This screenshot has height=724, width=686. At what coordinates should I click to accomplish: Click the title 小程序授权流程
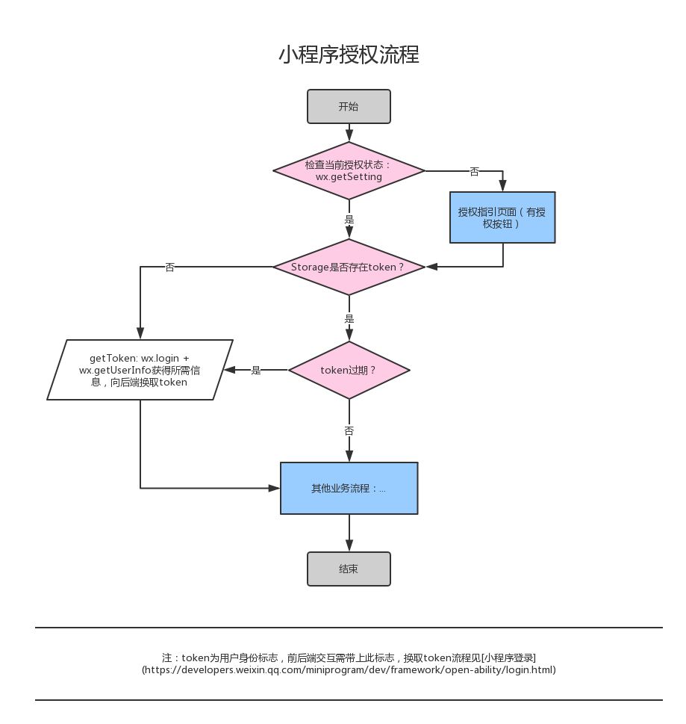[x=349, y=55]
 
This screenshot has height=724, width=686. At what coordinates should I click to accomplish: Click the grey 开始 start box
[x=349, y=107]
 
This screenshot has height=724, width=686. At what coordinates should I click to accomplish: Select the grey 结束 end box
[x=349, y=569]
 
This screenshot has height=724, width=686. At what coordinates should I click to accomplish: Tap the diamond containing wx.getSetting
[x=349, y=171]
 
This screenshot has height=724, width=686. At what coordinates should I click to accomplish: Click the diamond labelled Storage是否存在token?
[x=349, y=267]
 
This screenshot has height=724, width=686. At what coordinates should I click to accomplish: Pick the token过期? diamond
[x=349, y=370]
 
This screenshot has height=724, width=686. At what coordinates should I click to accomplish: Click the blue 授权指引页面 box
[x=502, y=217]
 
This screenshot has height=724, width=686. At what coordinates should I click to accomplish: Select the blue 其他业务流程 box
[x=349, y=488]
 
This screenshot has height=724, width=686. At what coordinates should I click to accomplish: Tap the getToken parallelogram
[x=140, y=370]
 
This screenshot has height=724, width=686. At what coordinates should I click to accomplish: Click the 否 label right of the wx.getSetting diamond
[x=474, y=172]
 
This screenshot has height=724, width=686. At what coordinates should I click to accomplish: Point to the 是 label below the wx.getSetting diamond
[x=349, y=220]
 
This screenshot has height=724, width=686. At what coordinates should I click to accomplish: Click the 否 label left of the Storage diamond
[x=169, y=267]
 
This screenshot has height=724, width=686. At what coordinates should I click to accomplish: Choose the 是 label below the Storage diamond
[x=349, y=318]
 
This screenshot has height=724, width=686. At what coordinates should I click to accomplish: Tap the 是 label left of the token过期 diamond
[x=255, y=371]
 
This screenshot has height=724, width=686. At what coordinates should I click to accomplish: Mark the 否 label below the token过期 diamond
[x=349, y=431]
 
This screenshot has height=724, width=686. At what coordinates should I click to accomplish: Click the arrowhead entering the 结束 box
[x=349, y=545]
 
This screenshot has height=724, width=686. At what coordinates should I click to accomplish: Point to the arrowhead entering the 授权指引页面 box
[x=503, y=185]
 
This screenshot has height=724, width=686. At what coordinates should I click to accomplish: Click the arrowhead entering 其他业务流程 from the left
[x=274, y=488]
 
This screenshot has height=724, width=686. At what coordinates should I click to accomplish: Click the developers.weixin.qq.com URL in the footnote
[x=349, y=670]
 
